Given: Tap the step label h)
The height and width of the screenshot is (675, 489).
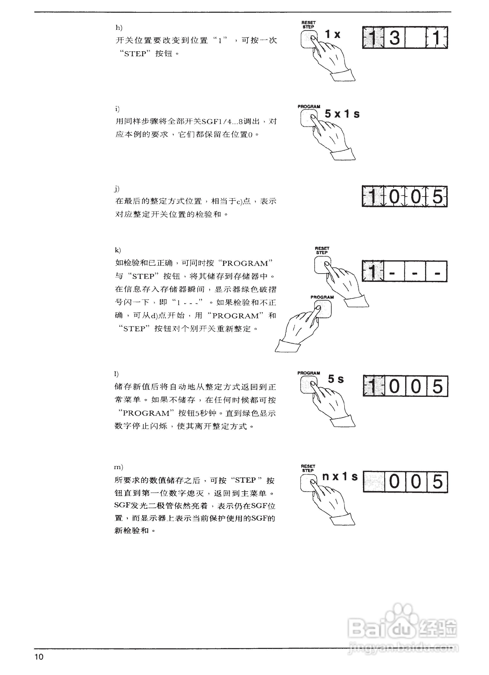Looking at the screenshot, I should click(119, 28).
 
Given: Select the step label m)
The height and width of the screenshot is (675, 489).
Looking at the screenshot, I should click(119, 467).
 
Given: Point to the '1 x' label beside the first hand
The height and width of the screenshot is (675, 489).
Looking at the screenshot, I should click(332, 34).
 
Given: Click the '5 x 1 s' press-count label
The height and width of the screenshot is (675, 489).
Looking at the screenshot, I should click(342, 114).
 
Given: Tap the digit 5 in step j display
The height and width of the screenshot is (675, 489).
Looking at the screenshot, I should click(437, 197).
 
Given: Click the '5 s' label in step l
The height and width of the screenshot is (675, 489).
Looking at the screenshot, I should click(336, 379).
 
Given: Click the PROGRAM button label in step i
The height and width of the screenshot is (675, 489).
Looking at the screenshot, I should click(309, 107).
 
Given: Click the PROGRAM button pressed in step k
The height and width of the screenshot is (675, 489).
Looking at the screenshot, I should click(323, 309).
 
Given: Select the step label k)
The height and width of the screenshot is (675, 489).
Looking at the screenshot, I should click(118, 250).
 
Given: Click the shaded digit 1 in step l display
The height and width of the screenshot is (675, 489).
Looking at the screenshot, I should click(373, 386).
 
